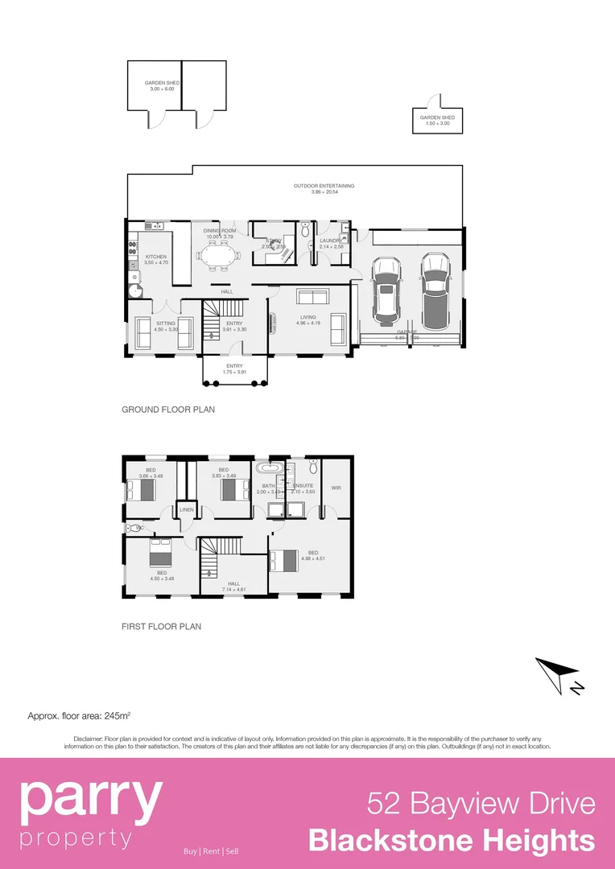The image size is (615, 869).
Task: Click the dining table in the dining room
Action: pos(218,258)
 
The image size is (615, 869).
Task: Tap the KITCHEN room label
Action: pos(156,257)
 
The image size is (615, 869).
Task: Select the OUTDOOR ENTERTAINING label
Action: pos(324,186)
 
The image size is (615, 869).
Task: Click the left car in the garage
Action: pos(386,290)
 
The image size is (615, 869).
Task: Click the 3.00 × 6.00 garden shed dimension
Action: pos(162,89)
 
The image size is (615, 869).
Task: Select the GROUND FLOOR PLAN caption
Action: pos(168,410)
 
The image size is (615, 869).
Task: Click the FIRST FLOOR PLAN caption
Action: pos(161,626)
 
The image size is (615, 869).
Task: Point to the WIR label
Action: pos(336,488)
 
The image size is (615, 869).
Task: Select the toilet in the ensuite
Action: pos(313,467)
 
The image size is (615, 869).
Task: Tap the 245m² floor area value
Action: pos(118,715)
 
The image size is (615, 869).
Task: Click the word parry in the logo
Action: pos(90,800)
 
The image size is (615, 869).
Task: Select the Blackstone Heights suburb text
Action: pos(452,841)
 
